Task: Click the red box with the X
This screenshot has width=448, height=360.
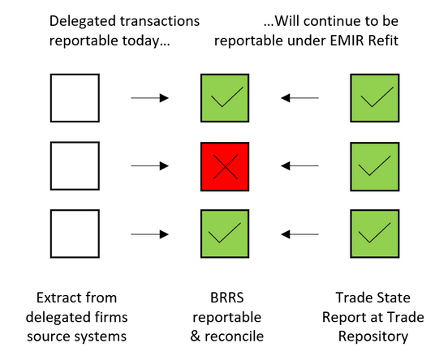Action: pos(224,166)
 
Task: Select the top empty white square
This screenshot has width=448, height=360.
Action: pos(75,98)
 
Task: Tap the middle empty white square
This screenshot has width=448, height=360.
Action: pos(75,166)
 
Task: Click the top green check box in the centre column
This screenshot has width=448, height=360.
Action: pos(224,98)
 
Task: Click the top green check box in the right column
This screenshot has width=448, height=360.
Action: pos(373,98)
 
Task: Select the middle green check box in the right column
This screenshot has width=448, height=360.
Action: pos(373,166)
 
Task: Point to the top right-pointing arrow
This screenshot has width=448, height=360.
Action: pos(149,98)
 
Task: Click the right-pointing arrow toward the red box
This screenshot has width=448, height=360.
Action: pos(149,166)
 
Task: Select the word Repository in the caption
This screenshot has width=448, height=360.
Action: pos(373,334)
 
